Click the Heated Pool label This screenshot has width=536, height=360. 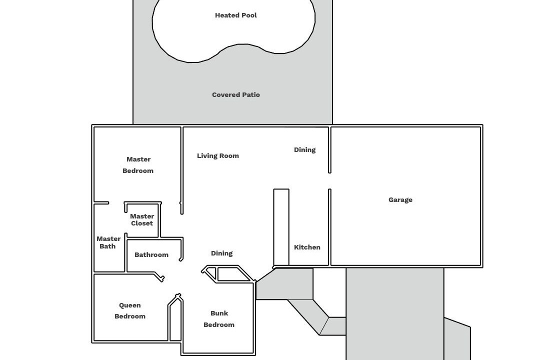point(236,15)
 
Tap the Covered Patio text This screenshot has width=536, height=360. point(236,95)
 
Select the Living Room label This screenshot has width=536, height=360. point(218,156)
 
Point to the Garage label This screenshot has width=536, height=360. point(400,200)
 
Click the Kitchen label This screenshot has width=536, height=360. point(307,247)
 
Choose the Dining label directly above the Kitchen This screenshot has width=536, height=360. point(304,150)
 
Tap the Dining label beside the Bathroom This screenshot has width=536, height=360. point(221,253)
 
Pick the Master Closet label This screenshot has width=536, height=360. point(142,220)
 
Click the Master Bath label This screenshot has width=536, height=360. point(108,242)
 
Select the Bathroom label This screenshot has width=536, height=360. point(151,255)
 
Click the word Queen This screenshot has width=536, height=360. point(130,305)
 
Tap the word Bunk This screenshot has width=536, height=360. point(219,313)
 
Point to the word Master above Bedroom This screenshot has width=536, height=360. point(138,159)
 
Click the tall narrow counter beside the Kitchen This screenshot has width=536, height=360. point(281,227)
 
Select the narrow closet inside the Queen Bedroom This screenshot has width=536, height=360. point(175,320)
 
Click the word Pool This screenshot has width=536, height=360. point(249,15)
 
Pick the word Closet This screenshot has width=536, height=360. point(142,223)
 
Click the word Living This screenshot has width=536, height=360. point(207,156)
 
